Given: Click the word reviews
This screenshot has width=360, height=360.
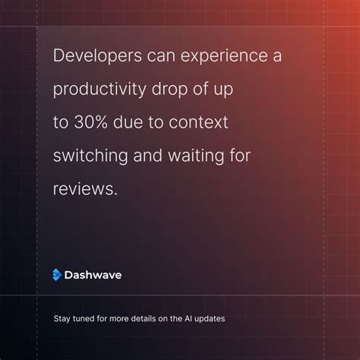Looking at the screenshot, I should coord(85,188).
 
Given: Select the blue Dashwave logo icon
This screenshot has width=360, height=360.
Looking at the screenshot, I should coord(56,275).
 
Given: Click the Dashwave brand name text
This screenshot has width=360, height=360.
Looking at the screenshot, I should coord(93,275).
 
